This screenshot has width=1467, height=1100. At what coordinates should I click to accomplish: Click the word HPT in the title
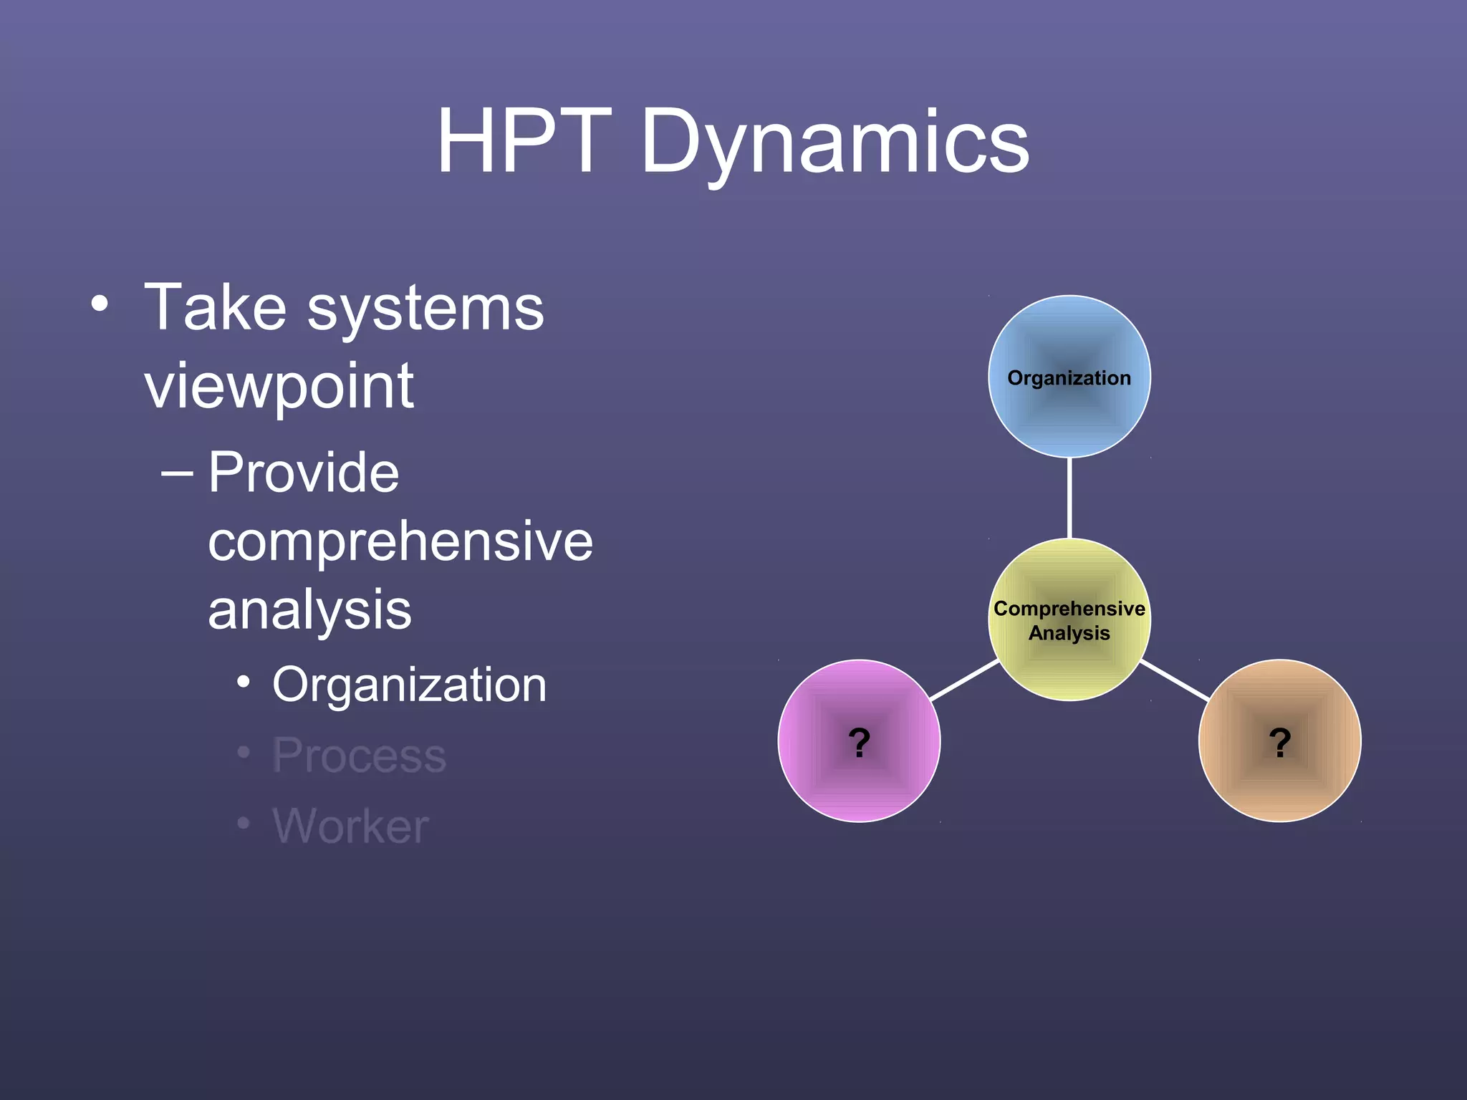[524, 141]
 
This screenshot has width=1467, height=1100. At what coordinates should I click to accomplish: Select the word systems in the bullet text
[425, 309]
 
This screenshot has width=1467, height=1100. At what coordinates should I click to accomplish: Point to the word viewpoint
[279, 387]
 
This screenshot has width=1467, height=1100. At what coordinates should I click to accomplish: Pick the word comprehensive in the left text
[400, 542]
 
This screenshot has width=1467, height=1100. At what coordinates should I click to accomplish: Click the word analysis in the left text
[309, 611]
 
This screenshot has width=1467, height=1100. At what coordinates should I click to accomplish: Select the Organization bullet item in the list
[409, 685]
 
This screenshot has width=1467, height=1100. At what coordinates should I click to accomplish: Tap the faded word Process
[359, 756]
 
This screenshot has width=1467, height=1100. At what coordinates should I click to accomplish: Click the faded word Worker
[350, 826]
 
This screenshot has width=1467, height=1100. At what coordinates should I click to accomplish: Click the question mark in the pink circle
[859, 742]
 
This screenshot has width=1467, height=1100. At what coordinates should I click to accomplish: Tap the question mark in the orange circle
[1279, 742]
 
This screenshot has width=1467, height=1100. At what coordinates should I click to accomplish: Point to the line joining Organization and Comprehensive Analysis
[1069, 498]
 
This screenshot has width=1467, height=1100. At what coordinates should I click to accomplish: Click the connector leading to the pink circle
[964, 680]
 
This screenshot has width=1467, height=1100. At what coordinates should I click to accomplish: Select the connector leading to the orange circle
[1175, 680]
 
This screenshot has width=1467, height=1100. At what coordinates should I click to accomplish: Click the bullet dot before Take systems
[100, 304]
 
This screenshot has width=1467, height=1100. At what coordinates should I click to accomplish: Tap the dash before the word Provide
[177, 473]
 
